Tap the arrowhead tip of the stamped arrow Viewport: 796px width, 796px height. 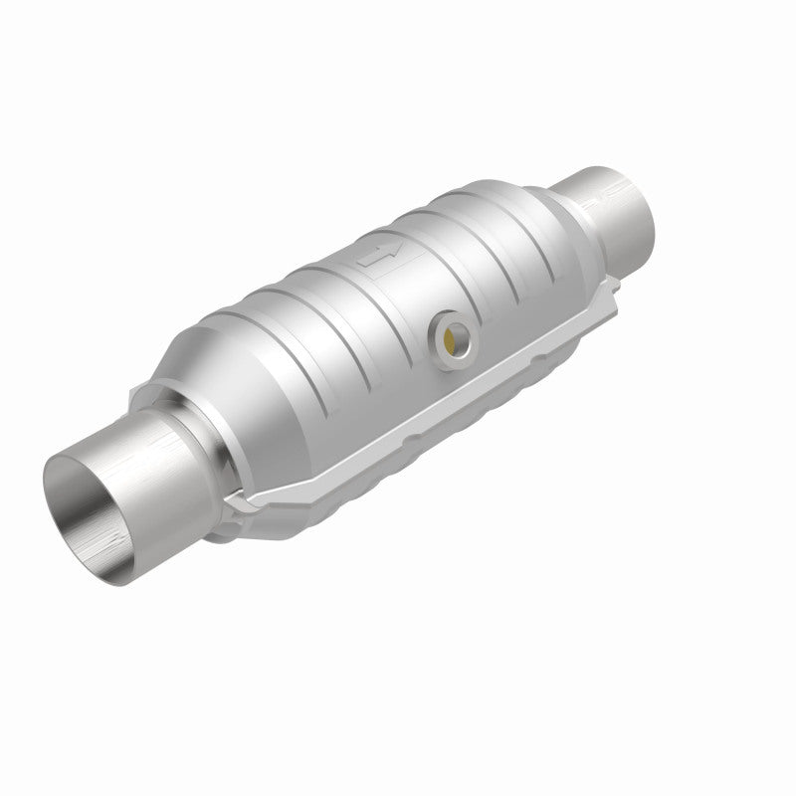pos(397,245)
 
